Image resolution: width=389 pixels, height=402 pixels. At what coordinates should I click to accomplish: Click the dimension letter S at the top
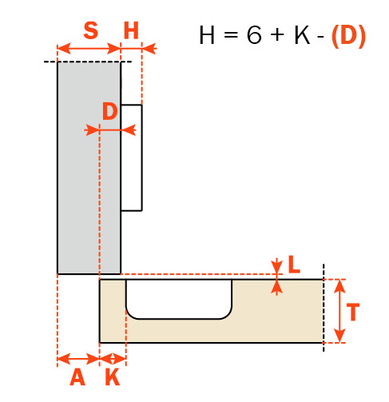[x=90, y=30]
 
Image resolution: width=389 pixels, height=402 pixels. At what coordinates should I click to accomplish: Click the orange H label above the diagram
[x=131, y=30]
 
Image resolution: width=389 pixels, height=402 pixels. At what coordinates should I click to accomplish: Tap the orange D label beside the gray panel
[x=110, y=111]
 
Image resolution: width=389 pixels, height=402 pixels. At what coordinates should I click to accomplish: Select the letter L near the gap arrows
[x=294, y=265]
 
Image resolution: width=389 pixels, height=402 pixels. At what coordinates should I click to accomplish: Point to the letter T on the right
[x=353, y=312]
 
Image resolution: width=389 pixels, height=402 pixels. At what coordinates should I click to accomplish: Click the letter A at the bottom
[x=77, y=377]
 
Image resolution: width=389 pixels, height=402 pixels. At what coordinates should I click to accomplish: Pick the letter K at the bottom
[x=113, y=377]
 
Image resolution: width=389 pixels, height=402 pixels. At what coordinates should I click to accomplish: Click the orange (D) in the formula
[x=348, y=35]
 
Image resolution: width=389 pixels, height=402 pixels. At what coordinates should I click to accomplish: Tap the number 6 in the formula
[x=254, y=34]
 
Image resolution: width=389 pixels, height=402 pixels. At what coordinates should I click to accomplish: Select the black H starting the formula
[x=207, y=35]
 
